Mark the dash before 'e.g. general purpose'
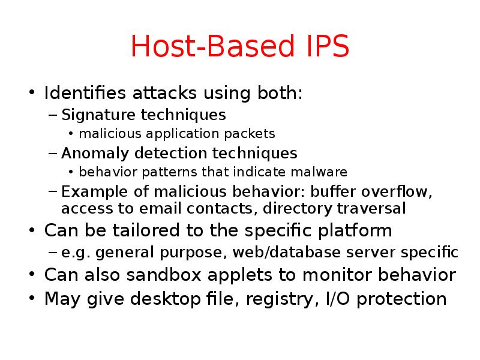tap(52, 253)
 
